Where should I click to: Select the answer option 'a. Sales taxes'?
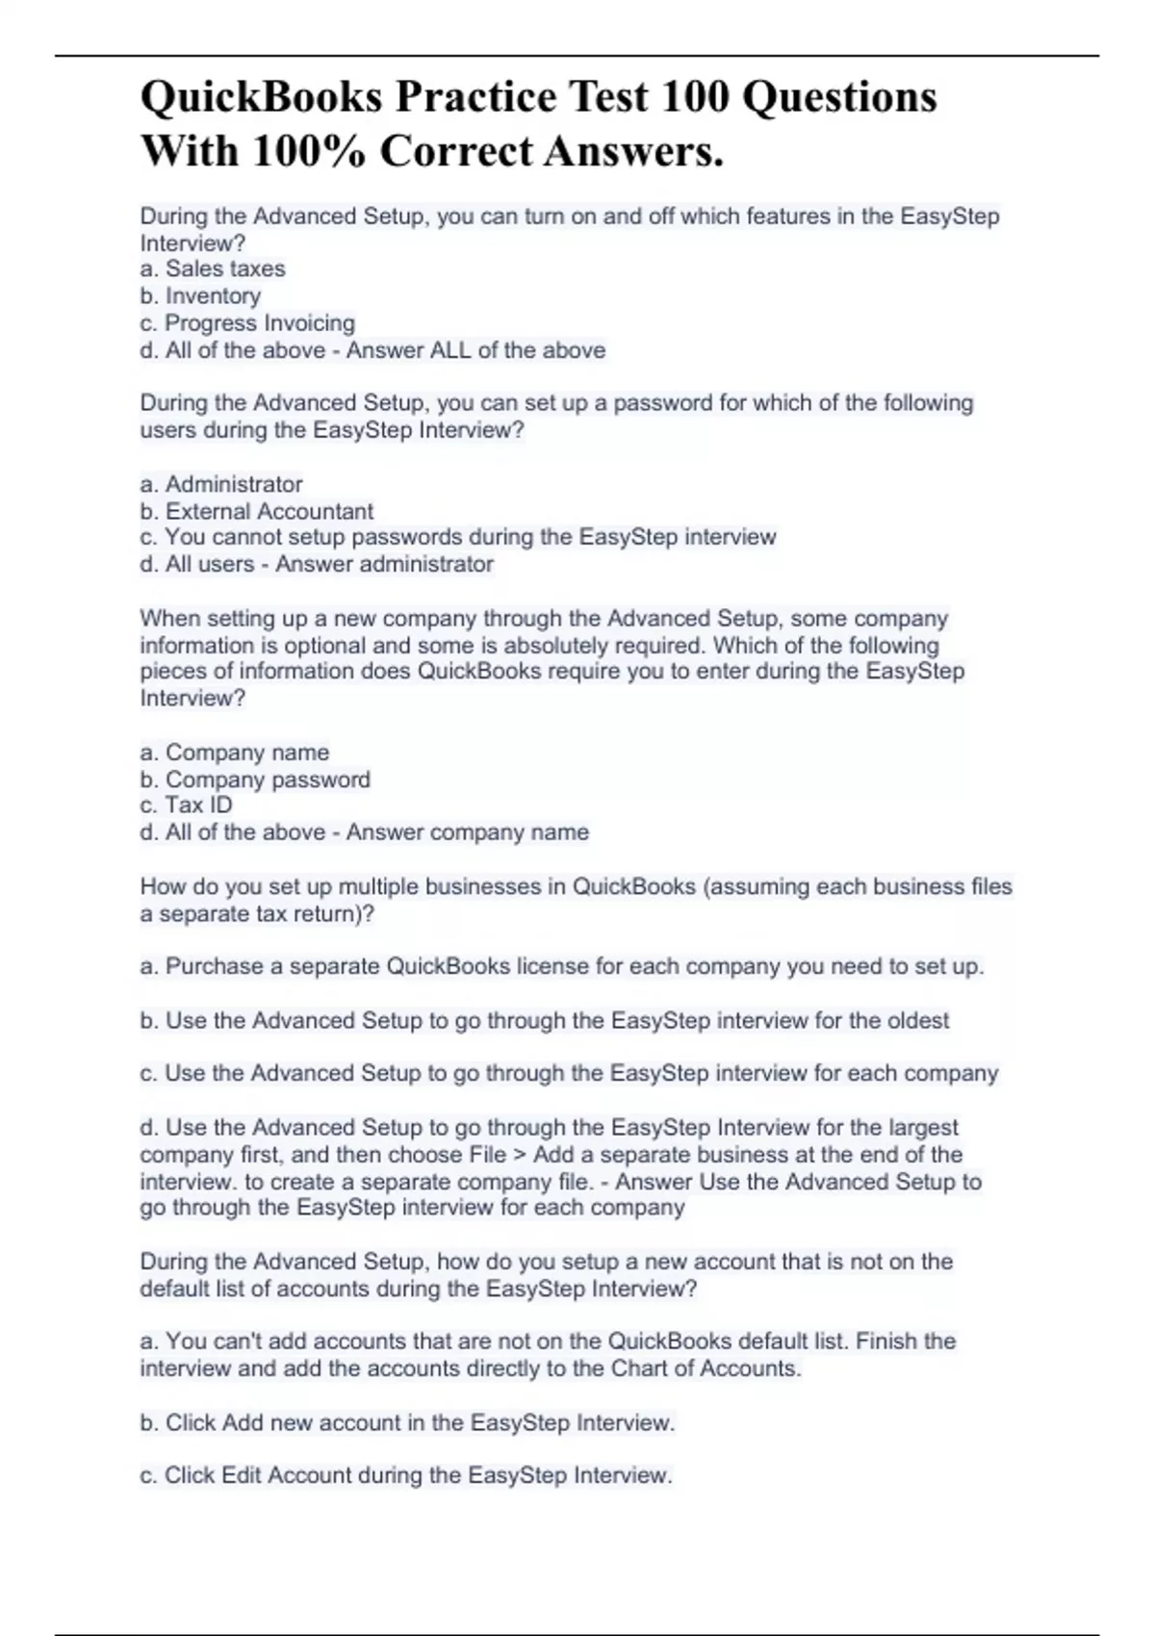coord(213,269)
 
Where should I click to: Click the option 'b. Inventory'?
coord(200,296)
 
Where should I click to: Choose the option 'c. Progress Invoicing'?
coord(247,323)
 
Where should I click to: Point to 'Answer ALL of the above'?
coord(475,350)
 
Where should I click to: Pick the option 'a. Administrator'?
coord(221,484)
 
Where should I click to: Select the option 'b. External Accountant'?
coord(257,511)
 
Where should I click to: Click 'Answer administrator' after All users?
coord(384,564)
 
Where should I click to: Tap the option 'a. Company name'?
coord(235,753)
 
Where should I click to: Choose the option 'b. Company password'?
coord(255,780)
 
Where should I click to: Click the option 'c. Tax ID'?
coord(187,805)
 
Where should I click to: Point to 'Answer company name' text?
coord(467,832)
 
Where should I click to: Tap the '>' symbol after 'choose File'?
coord(520,1155)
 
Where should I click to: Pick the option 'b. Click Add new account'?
coord(407,1422)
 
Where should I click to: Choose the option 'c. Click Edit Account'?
coord(405,1475)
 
